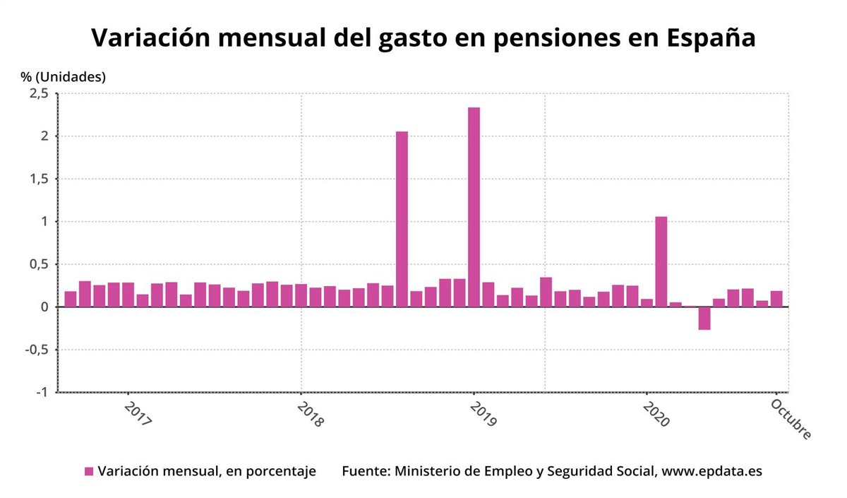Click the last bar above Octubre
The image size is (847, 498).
point(776,299)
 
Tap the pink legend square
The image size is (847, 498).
point(89,471)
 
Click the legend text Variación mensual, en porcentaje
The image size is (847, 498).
point(207,471)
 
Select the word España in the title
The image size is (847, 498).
point(711,37)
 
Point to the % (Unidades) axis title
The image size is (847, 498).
point(63,77)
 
